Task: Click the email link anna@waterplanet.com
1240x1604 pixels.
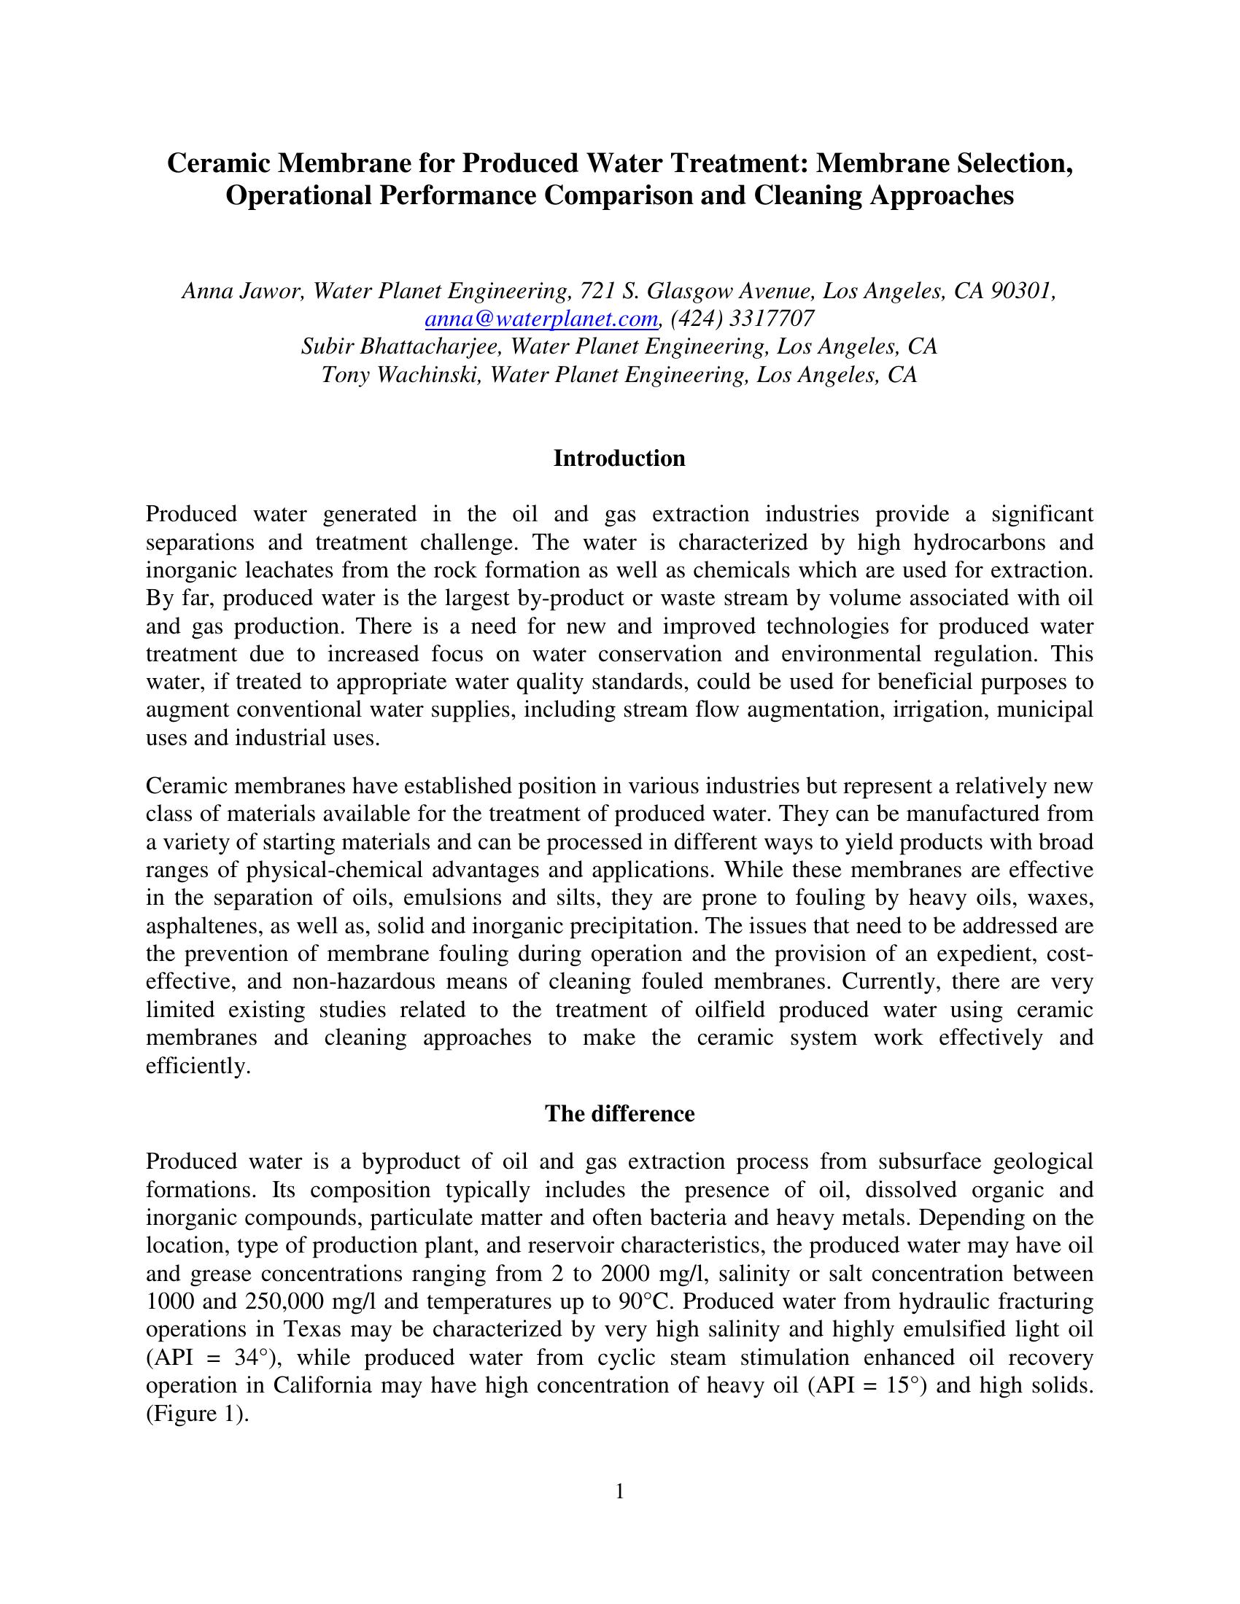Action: click(540, 319)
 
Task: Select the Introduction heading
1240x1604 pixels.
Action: click(619, 459)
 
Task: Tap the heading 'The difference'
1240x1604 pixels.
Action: click(619, 1113)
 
